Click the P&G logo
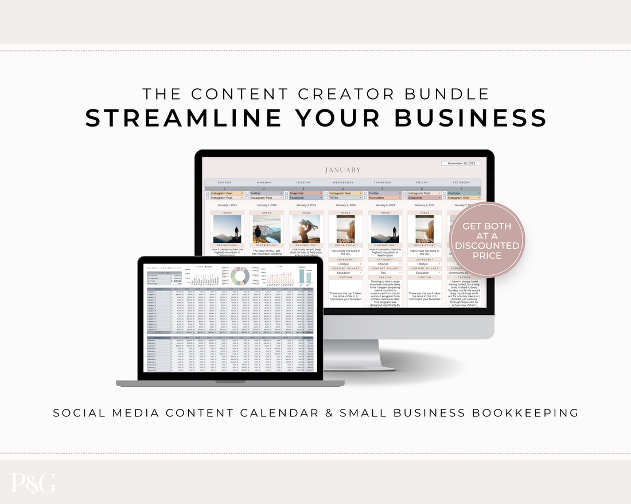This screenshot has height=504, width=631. [33, 483]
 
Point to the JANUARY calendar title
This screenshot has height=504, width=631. [343, 170]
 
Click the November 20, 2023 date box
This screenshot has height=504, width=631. [461, 163]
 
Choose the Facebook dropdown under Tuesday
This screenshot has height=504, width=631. [306, 198]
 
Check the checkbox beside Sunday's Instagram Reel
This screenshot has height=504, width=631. [207, 194]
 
